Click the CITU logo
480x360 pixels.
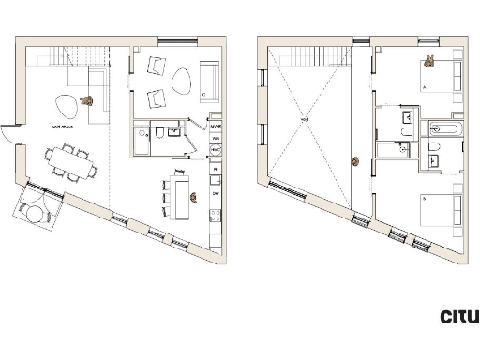(458, 317)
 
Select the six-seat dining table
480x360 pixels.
(72, 162)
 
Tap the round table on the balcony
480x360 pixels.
(37, 212)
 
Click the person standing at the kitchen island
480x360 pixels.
(193, 197)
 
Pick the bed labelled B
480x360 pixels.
(440, 212)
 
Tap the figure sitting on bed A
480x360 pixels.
(429, 63)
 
